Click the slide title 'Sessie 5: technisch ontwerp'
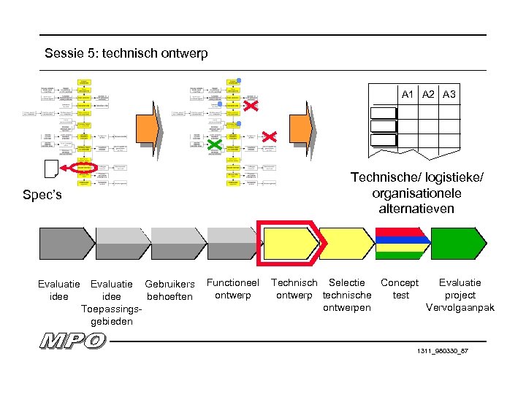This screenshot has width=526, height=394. (126, 53)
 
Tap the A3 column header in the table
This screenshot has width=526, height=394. (449, 94)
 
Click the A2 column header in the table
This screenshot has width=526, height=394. (429, 94)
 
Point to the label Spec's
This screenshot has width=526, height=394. (42, 196)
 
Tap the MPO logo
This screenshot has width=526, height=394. (73, 340)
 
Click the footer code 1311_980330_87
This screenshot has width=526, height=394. (442, 351)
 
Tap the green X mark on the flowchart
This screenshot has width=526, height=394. (214, 146)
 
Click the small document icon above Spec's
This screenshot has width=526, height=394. (50, 169)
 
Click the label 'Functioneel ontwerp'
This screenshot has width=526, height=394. (233, 288)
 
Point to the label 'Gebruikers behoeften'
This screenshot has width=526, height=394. (169, 290)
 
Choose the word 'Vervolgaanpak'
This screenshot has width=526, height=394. (460, 307)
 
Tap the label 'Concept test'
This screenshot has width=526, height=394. (400, 288)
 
